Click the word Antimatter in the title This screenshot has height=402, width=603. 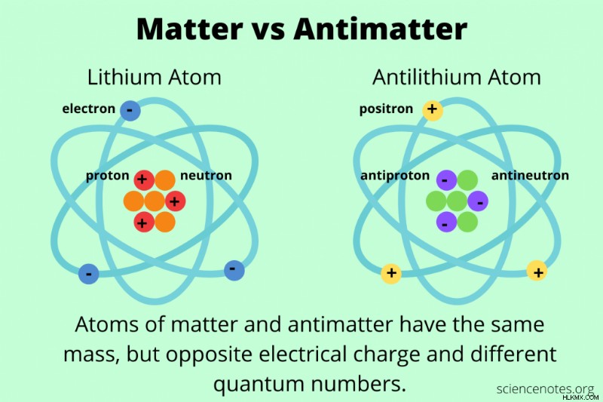coord(380,29)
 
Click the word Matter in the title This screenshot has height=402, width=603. coord(190,29)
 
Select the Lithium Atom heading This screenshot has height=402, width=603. coord(155,77)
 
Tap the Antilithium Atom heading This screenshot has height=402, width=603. coord(457,77)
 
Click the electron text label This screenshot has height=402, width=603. coord(88,109)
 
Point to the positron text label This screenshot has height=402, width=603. coord(386,109)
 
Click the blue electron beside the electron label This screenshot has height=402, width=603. coord(130,110)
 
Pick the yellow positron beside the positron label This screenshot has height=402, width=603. coord(433,110)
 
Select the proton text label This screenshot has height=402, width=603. coord(107,176)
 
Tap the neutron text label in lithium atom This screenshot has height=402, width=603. coord(206,176)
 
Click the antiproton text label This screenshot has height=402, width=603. coord(395,176)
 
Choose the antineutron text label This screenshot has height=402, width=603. coord(530,176)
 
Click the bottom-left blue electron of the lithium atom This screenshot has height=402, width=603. coord(88,274)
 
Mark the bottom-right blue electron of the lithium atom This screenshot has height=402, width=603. coord(234,270)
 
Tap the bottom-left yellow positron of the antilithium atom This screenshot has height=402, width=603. coord(391,274)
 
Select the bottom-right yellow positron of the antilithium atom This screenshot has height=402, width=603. coord(537,271)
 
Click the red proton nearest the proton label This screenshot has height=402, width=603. coord(144,180)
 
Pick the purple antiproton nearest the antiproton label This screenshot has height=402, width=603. coord(446,180)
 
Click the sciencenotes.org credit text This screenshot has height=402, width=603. coord(545,388)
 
